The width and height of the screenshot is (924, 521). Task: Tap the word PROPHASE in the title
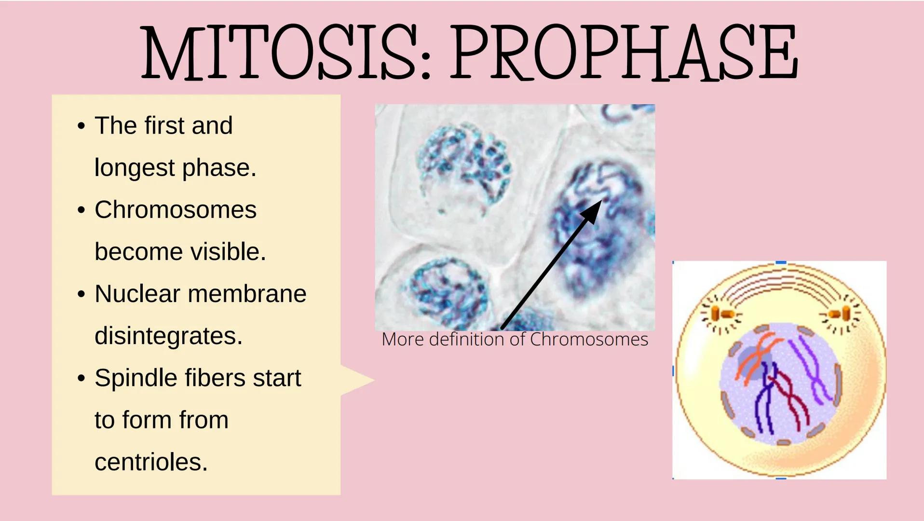click(x=624, y=52)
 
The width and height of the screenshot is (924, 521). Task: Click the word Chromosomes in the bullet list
click(x=176, y=210)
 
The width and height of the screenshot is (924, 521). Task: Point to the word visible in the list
click(x=228, y=251)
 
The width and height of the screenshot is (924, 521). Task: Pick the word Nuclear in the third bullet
click(x=137, y=294)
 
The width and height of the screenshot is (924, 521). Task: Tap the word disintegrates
click(x=168, y=336)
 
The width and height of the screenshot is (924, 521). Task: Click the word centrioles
click(x=151, y=462)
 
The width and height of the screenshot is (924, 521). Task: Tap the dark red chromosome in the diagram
click(x=791, y=400)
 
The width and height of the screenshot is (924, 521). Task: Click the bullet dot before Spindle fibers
click(x=81, y=378)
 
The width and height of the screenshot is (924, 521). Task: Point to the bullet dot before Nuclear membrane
click(x=81, y=294)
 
